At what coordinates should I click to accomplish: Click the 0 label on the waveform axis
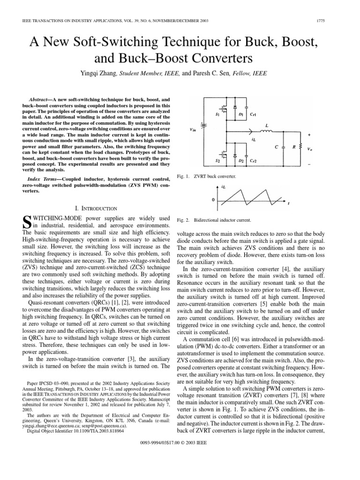click(213, 200)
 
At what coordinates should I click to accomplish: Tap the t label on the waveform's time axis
click(288, 204)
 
